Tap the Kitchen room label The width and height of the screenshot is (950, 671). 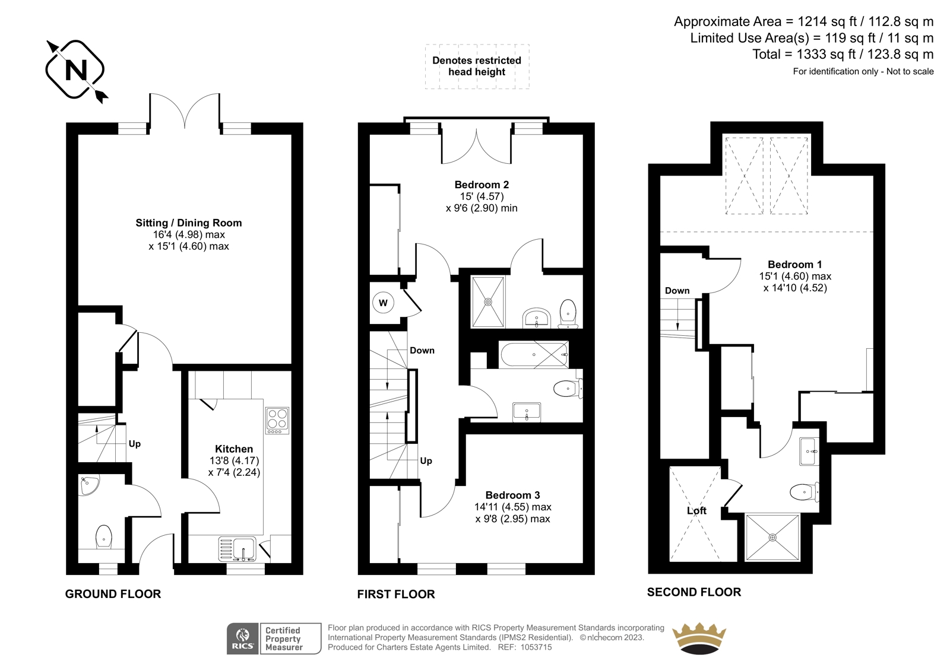(234, 449)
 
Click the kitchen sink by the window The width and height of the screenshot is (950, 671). (237, 549)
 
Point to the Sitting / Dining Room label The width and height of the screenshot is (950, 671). (189, 223)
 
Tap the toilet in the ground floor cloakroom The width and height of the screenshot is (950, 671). (103, 537)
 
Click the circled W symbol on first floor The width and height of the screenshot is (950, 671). (383, 303)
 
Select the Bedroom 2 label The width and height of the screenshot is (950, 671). (482, 185)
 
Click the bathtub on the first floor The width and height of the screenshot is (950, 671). (534, 354)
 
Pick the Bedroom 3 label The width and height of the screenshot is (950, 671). (513, 495)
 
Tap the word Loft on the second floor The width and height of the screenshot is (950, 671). (697, 511)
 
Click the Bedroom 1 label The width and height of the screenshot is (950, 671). (795, 265)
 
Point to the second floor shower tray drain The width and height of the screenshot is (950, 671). (772, 538)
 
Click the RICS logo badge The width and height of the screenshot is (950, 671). (243, 638)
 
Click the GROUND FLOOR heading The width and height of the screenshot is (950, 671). (113, 594)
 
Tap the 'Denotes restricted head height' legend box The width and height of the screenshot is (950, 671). (477, 66)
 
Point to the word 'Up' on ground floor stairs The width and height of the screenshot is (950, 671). (134, 444)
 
